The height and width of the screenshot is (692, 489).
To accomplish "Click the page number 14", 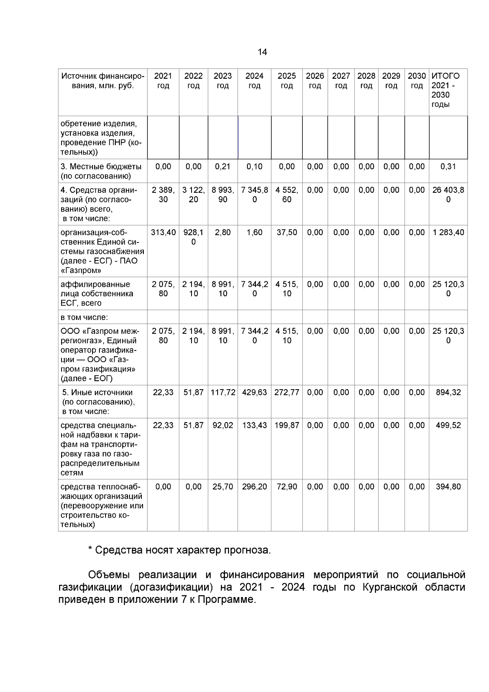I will pos(262,52).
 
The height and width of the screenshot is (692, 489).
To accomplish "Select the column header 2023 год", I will pos(222,81).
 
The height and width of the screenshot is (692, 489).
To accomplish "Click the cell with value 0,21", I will pos(222,167).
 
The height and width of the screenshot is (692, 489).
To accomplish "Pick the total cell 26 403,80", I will pos(448,195).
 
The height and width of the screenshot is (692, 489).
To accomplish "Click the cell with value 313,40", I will pos(163,233).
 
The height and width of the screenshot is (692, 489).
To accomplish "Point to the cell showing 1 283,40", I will pos(448,233).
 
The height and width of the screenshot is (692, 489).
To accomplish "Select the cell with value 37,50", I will pos(286,233).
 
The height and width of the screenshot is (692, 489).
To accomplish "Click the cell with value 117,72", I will pos(222,392).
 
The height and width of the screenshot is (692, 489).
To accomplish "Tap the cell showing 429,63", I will pos(254,392).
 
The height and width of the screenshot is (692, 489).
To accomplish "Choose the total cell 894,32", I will pos(448,392).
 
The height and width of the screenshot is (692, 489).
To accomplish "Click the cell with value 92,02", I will pos(222,425).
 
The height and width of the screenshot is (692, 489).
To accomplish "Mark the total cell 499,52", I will pos(448,425).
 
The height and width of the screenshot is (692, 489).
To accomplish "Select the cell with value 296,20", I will pos(254,487).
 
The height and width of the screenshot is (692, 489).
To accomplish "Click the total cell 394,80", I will pos(448,487).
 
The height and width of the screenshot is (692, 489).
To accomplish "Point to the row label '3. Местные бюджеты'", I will pos(101,167).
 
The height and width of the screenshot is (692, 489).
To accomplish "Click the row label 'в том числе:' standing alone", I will pos(84,317).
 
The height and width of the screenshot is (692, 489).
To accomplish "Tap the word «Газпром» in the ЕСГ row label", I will pos(81,271).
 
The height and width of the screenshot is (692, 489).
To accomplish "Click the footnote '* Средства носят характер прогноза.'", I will pos(179,551).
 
